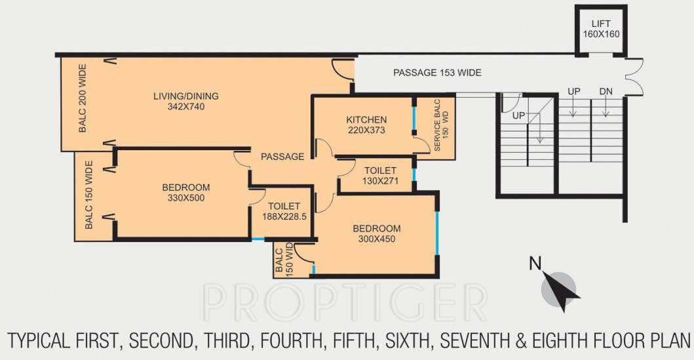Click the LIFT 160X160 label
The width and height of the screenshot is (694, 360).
coord(601,29)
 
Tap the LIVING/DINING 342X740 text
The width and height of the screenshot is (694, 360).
coord(186,101)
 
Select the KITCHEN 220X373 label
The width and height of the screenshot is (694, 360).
coord(366,125)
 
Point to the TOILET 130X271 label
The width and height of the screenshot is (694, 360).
coord(380,175)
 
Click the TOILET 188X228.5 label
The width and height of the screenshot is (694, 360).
coord(284,211)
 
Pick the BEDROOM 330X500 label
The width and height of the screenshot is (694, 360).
coord(186,193)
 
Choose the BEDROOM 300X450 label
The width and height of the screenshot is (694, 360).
coord(377,234)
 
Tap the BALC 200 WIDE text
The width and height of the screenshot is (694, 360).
coord(83,98)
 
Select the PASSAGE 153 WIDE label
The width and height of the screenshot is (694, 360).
coord(437,73)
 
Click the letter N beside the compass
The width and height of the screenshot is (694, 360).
coord(535,264)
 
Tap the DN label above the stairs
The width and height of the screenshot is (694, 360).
coord(606,92)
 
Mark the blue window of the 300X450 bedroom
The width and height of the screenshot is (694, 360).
coord(436,234)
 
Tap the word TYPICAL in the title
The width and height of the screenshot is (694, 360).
coord(39,341)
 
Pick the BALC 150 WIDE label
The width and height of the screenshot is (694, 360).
coord(89,195)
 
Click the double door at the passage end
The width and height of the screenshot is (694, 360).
coord(634,77)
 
